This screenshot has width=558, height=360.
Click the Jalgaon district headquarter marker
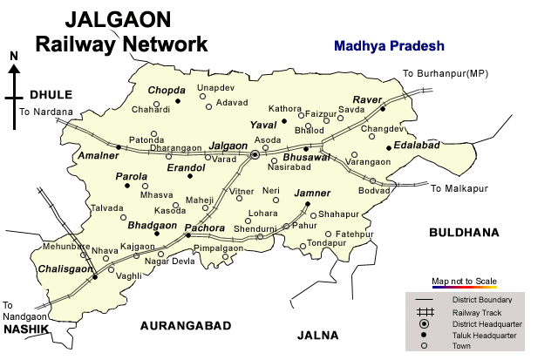(255, 154)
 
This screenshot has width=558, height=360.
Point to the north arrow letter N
(13, 57)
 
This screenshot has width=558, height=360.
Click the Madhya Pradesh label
(389, 46)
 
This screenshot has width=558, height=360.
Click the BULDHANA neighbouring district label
(463, 233)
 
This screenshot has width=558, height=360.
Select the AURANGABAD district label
(186, 326)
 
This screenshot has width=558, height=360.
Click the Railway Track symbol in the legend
(425, 312)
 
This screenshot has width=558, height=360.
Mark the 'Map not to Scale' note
(464, 281)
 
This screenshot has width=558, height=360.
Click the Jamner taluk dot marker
(308, 206)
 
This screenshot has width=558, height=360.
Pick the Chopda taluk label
(167, 91)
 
